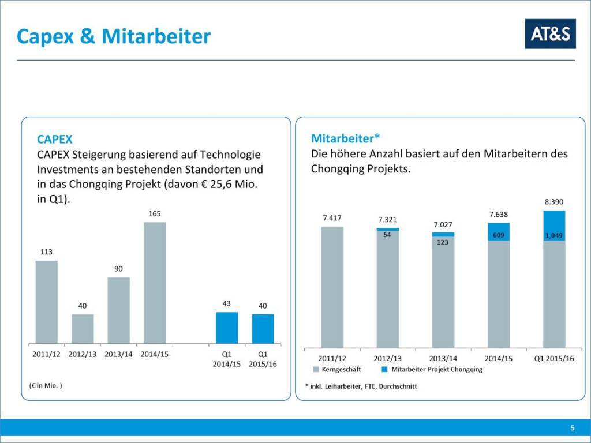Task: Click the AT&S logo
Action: click(x=550, y=34)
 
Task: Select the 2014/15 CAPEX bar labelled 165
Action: click(x=155, y=283)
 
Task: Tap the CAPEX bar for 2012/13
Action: click(x=83, y=329)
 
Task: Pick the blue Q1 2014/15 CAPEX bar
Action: click(x=227, y=328)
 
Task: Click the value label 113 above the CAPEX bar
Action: click(x=46, y=252)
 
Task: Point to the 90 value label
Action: click(x=118, y=269)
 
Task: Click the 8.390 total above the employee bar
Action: click(x=553, y=202)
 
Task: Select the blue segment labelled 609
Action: click(x=499, y=232)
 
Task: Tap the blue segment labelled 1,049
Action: click(x=554, y=226)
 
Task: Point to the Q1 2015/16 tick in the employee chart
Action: click(x=553, y=358)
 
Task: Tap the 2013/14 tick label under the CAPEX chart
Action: click(x=118, y=354)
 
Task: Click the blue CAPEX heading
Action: click(x=55, y=140)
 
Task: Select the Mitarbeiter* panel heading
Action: click(x=345, y=138)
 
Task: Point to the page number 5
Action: click(x=572, y=427)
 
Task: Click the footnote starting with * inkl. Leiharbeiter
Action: click(x=361, y=386)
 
